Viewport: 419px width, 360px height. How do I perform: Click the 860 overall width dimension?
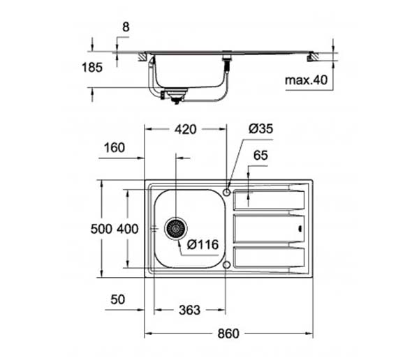228,333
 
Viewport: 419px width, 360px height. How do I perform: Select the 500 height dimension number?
101,229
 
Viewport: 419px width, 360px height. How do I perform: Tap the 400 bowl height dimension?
128,229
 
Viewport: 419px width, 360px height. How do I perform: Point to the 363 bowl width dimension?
189,310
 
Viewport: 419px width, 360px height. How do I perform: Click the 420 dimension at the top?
186,130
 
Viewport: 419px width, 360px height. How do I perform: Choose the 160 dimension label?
115,148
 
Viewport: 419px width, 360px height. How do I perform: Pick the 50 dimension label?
118,299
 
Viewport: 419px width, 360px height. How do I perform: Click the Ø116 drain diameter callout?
203,245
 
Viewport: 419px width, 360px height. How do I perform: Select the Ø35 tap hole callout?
260,129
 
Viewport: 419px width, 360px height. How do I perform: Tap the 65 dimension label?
260,156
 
